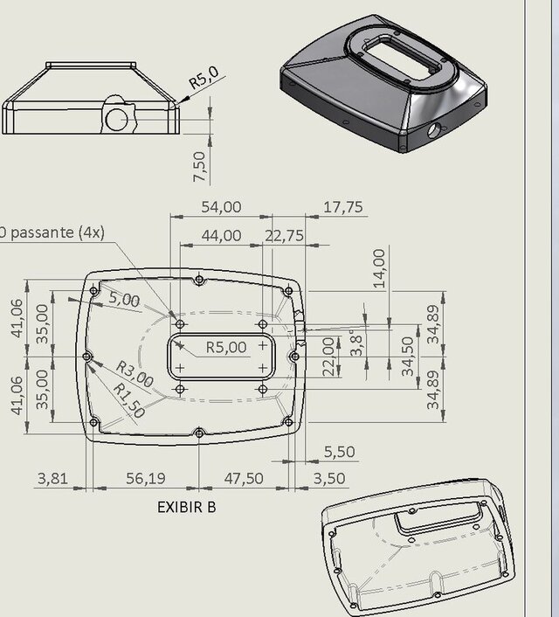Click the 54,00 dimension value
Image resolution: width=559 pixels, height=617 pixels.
(x=221, y=207)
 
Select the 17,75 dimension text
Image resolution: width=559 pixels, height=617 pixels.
(x=343, y=207)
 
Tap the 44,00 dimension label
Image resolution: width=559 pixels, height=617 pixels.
(x=221, y=235)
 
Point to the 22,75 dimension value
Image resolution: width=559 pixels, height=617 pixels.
(x=284, y=235)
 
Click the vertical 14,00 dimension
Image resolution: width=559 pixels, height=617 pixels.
(x=378, y=268)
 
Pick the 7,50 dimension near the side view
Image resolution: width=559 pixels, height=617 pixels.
(x=200, y=166)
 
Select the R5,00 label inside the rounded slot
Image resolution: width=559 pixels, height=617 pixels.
(x=226, y=347)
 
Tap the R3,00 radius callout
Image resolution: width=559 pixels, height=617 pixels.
(x=134, y=375)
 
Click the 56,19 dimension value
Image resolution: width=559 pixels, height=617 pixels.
(x=145, y=479)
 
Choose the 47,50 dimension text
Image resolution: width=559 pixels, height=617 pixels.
(x=244, y=479)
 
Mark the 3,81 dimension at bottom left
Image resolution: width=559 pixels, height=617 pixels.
(x=52, y=479)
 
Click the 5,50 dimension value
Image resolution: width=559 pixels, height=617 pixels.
(x=339, y=452)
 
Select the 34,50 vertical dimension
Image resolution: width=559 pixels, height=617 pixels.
(x=407, y=356)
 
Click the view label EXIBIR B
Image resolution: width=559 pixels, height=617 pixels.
(x=186, y=506)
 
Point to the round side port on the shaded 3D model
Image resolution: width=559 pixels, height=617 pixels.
(x=434, y=130)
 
